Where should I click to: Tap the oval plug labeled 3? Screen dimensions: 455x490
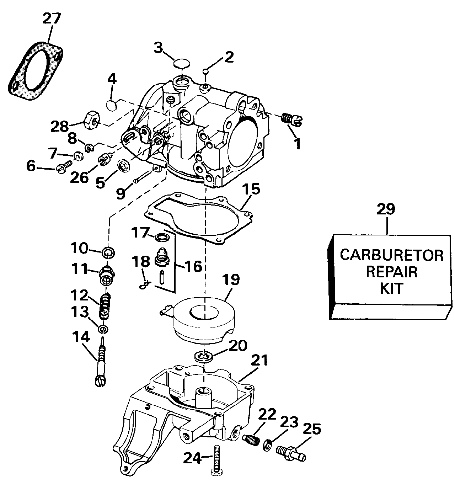pyautogui.click(x=182, y=64)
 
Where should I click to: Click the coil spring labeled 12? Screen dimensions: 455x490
pyautogui.click(x=105, y=307)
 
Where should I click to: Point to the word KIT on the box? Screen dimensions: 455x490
pyautogui.click(x=392, y=288)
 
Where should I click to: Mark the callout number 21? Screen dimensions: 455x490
pyautogui.click(x=259, y=360)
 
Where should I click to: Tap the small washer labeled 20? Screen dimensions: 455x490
pyautogui.click(x=204, y=357)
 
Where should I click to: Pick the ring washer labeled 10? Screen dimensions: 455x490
pyautogui.click(x=108, y=253)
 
